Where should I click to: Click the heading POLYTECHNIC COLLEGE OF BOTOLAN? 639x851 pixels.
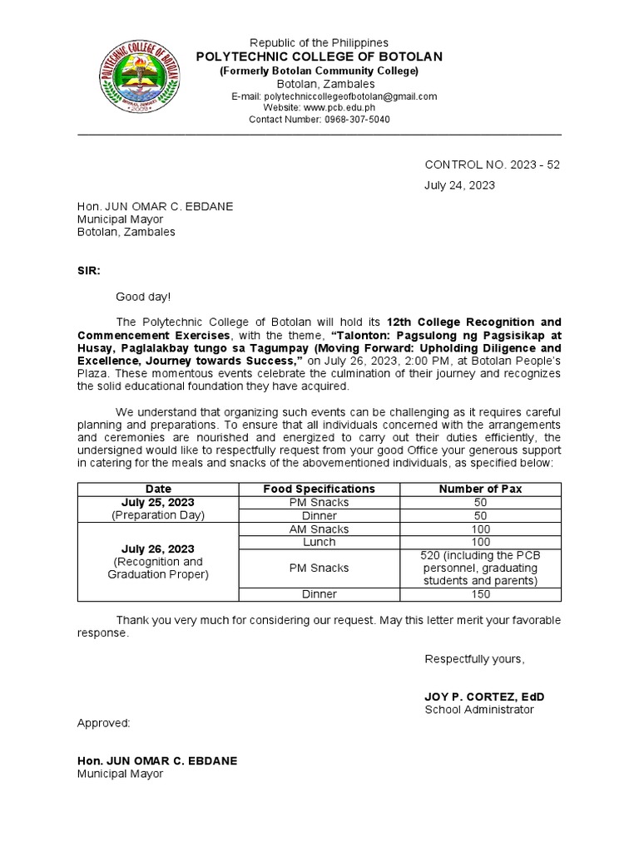point(319,57)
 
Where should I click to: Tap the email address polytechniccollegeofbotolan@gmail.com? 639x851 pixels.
point(345,96)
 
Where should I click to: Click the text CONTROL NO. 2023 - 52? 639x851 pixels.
point(493,165)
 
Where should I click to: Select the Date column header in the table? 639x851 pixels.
point(158,489)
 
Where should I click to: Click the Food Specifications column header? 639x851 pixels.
point(319,489)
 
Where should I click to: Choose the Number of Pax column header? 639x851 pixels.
point(480,489)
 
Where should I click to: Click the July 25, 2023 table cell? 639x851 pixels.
point(158,502)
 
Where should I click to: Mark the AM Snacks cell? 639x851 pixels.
point(319,529)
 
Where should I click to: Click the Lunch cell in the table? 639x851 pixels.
point(319,542)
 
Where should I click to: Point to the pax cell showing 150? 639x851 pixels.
point(480,594)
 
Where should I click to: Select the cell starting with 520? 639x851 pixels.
point(480,568)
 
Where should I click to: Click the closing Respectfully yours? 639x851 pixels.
point(474,659)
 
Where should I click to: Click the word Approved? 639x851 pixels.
point(104,723)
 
